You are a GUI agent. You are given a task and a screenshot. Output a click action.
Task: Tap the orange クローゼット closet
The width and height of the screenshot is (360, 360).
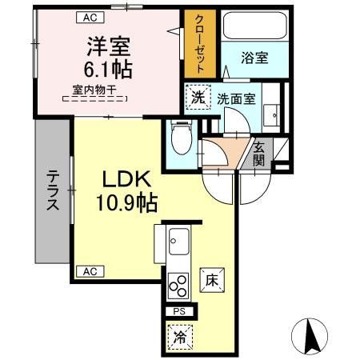(x=197, y=45)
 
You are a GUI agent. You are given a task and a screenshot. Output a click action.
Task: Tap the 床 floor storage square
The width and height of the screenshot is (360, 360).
(x=211, y=280)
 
